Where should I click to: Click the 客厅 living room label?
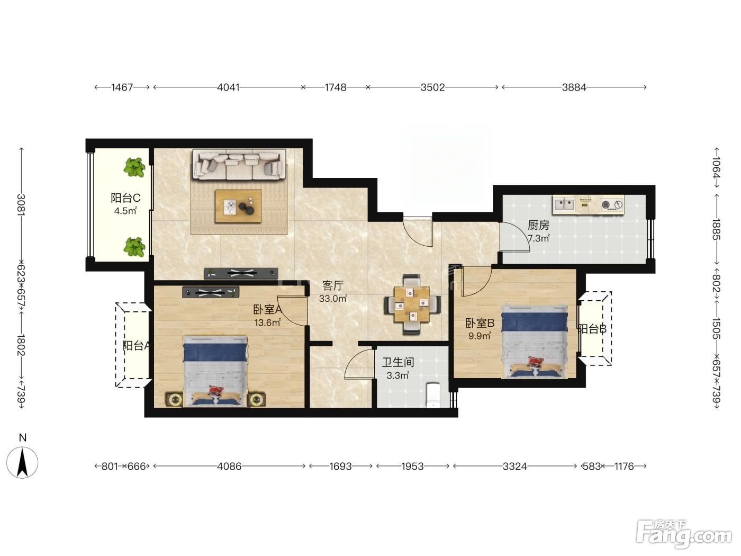tap(333, 286)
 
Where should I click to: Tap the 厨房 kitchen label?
tap(538, 225)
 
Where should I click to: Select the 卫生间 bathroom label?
tap(398, 362)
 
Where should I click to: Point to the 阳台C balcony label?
tap(125, 198)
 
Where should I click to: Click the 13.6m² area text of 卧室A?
tap(267, 322)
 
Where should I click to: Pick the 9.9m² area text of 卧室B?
tap(480, 336)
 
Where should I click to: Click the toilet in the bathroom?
tap(433, 394)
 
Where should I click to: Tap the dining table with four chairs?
tap(412, 304)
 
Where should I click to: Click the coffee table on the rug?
tap(238, 206)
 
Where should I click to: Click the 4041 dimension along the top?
tap(228, 87)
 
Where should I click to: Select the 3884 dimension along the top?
tap(574, 87)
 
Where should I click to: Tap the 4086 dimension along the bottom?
tap(229, 466)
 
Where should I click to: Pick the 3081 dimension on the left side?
tap(21, 204)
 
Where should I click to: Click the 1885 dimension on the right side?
tap(716, 230)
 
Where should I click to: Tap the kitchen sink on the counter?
tap(564, 204)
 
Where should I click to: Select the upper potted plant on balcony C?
tap(134, 167)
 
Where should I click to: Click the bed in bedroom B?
tap(534, 341)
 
